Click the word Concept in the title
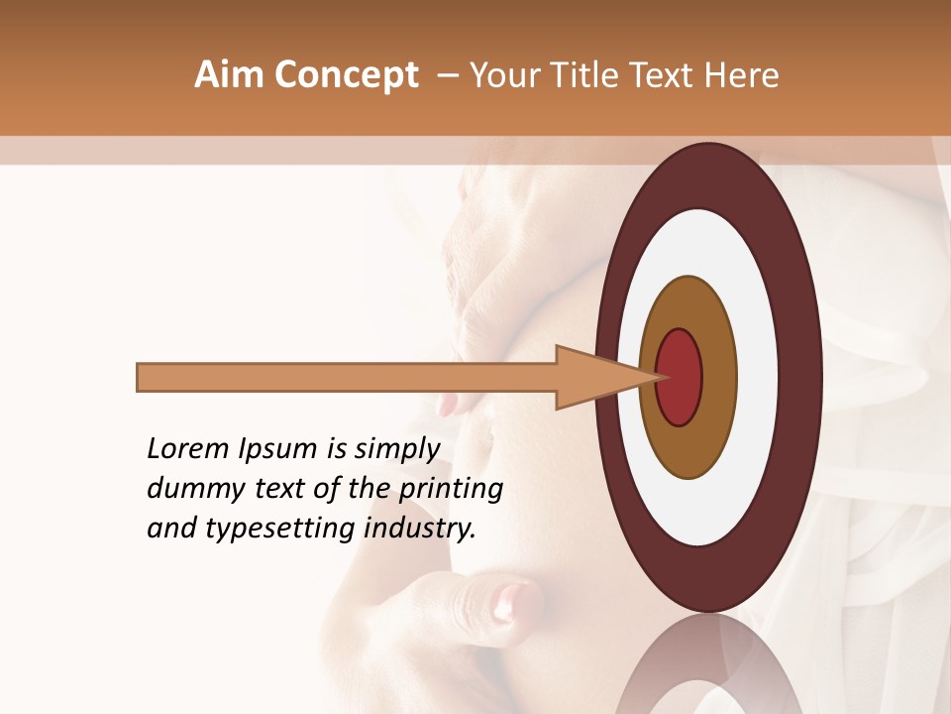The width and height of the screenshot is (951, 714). [346, 75]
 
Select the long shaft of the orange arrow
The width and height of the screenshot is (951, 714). [347, 378]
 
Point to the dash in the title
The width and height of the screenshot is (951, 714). [447, 75]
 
